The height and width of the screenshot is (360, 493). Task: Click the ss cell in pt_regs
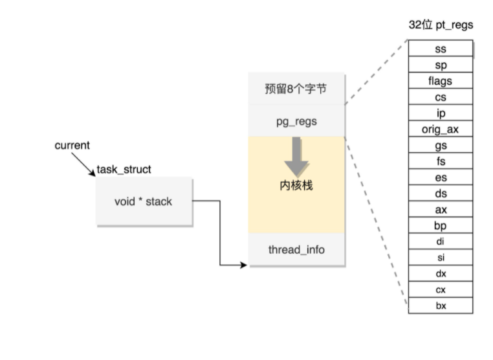point(441,49)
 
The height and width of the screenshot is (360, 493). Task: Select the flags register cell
point(441,81)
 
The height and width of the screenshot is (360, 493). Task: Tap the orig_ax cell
point(441,129)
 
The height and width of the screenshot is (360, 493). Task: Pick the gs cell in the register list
point(441,146)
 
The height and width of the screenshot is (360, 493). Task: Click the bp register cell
point(441,226)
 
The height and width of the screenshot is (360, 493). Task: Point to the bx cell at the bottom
point(441,306)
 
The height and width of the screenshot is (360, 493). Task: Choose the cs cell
point(441,97)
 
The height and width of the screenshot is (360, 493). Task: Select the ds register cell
point(441,194)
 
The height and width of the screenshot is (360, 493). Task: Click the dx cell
point(441,274)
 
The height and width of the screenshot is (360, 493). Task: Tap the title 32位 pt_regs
point(441,25)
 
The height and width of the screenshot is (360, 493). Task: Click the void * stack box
point(144,201)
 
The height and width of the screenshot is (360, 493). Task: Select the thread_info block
point(296,250)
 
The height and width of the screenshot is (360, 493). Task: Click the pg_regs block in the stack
point(296,120)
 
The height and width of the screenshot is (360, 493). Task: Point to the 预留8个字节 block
point(296,89)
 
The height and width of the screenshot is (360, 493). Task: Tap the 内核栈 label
point(296,186)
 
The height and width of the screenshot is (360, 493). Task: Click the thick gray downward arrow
point(296,156)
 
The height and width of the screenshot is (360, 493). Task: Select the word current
point(72,146)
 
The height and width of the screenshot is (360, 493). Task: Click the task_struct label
point(124,170)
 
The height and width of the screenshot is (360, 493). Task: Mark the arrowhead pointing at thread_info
point(244,265)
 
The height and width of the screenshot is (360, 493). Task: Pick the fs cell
point(441,161)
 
